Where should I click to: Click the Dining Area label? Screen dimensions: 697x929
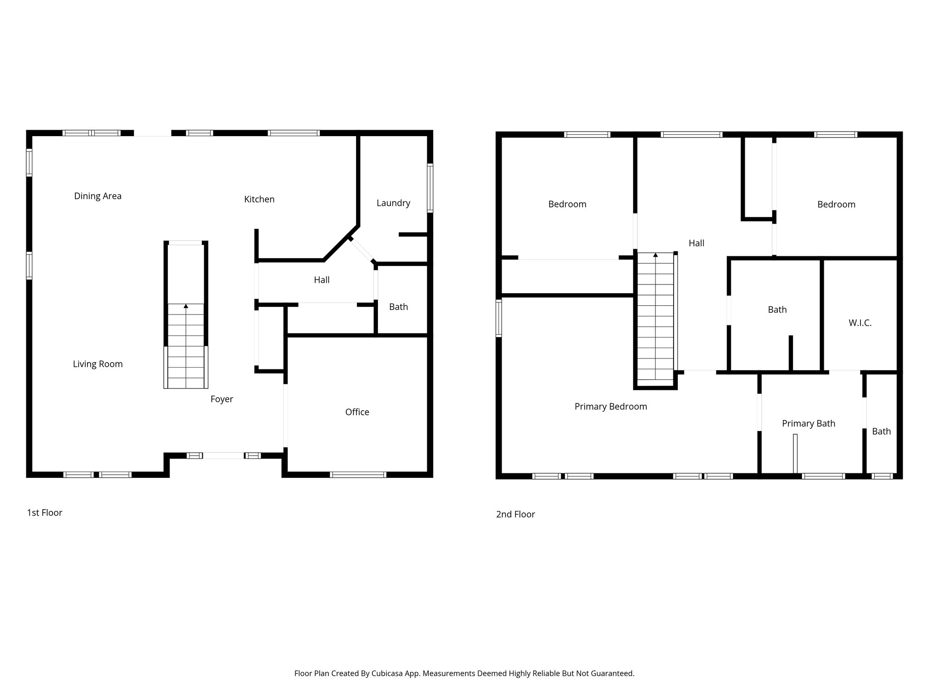[98, 196]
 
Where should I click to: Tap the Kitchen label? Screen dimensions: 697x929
[259, 199]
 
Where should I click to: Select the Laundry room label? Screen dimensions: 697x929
[393, 203]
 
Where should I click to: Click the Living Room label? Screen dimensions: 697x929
[98, 364]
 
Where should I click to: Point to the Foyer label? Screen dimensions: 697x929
[221, 399]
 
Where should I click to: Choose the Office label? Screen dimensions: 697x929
[357, 412]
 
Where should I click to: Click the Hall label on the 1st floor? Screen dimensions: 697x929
[322, 280]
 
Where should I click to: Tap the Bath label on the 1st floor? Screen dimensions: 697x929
[398, 307]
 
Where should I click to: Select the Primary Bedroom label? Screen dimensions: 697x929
[611, 407]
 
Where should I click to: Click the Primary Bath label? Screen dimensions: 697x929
[808, 423]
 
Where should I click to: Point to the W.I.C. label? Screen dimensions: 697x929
[860, 323]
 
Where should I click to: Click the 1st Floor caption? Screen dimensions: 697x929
[44, 513]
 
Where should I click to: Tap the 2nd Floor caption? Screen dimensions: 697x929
[515, 514]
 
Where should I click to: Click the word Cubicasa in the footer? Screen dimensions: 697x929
[388, 673]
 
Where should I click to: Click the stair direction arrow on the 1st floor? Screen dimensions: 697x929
[186, 306]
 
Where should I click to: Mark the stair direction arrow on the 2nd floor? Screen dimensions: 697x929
[655, 255]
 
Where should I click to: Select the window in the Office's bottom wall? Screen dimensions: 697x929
[358, 475]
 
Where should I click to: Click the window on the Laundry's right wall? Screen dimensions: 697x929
[430, 188]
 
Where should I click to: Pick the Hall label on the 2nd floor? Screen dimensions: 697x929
[696, 243]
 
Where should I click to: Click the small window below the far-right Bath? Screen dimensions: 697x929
[882, 476]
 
